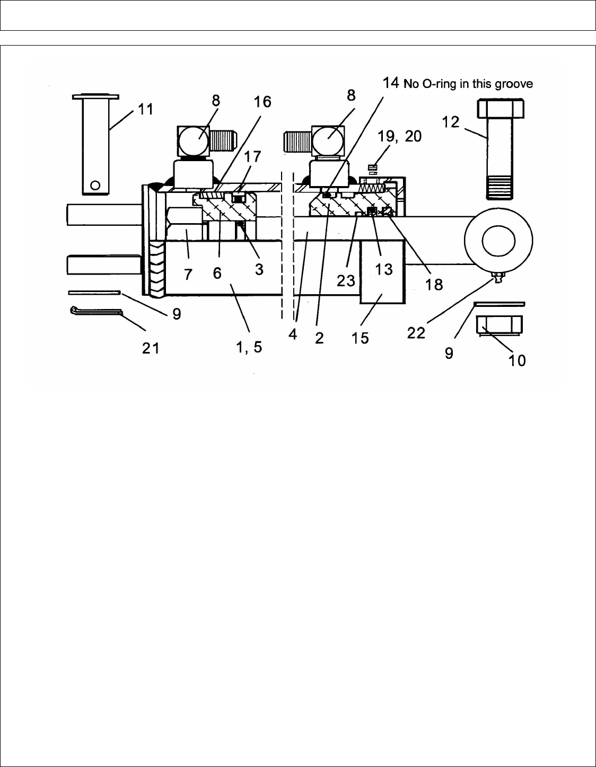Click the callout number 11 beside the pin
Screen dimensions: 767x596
(x=146, y=109)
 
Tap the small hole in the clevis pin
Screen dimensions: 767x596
(x=95, y=185)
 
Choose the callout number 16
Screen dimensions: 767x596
(x=263, y=102)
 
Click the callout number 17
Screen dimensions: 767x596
(x=252, y=157)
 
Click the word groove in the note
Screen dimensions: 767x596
(x=513, y=83)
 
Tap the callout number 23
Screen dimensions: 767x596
(x=346, y=280)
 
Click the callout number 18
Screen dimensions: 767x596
(x=434, y=285)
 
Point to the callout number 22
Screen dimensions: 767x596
(x=416, y=332)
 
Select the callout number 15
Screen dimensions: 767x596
(x=360, y=338)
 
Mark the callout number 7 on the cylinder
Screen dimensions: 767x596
(x=188, y=274)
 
